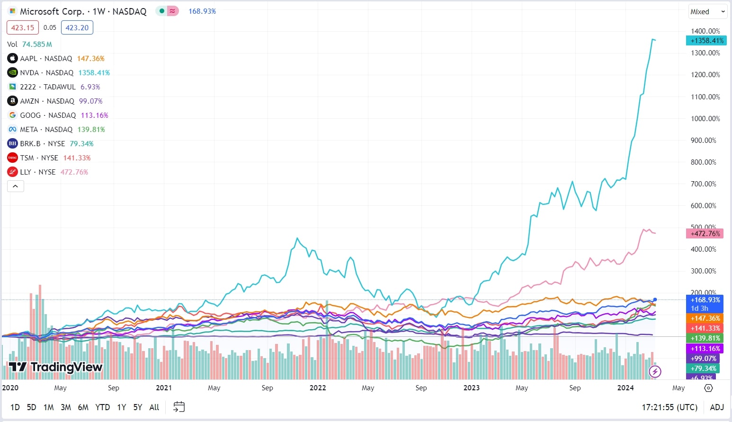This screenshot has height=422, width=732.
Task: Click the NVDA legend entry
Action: pyautogui.click(x=46, y=72)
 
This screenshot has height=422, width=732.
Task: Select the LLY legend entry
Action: pyautogui.click(x=37, y=172)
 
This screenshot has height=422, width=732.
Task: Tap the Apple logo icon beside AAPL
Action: pyautogui.click(x=12, y=58)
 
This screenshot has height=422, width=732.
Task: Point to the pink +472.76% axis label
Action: pyautogui.click(x=705, y=233)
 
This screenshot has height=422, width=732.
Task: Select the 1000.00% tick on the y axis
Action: pyautogui.click(x=705, y=118)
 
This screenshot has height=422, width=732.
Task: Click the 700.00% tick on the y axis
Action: pyautogui.click(x=703, y=184)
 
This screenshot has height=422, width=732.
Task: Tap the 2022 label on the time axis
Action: pyautogui.click(x=318, y=388)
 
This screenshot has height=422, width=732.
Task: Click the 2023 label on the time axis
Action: pyautogui.click(x=471, y=388)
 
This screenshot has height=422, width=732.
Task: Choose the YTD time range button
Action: pyautogui.click(x=102, y=407)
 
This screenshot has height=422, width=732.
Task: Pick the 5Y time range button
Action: pyautogui.click(x=137, y=407)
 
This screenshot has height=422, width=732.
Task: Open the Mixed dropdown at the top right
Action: pyautogui.click(x=707, y=12)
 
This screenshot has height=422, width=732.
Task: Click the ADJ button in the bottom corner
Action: pyautogui.click(x=717, y=407)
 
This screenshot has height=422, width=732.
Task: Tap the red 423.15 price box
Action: pyautogui.click(x=23, y=27)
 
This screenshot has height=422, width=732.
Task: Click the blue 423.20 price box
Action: pyautogui.click(x=77, y=27)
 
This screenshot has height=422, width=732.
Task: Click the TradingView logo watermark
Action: pyautogui.click(x=56, y=367)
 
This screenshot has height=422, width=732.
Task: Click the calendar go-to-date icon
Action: pyautogui.click(x=179, y=407)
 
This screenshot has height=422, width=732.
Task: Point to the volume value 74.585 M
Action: pyautogui.click(x=37, y=44)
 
